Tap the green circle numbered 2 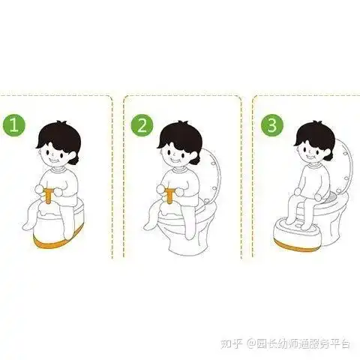142,124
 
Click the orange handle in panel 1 48,196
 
